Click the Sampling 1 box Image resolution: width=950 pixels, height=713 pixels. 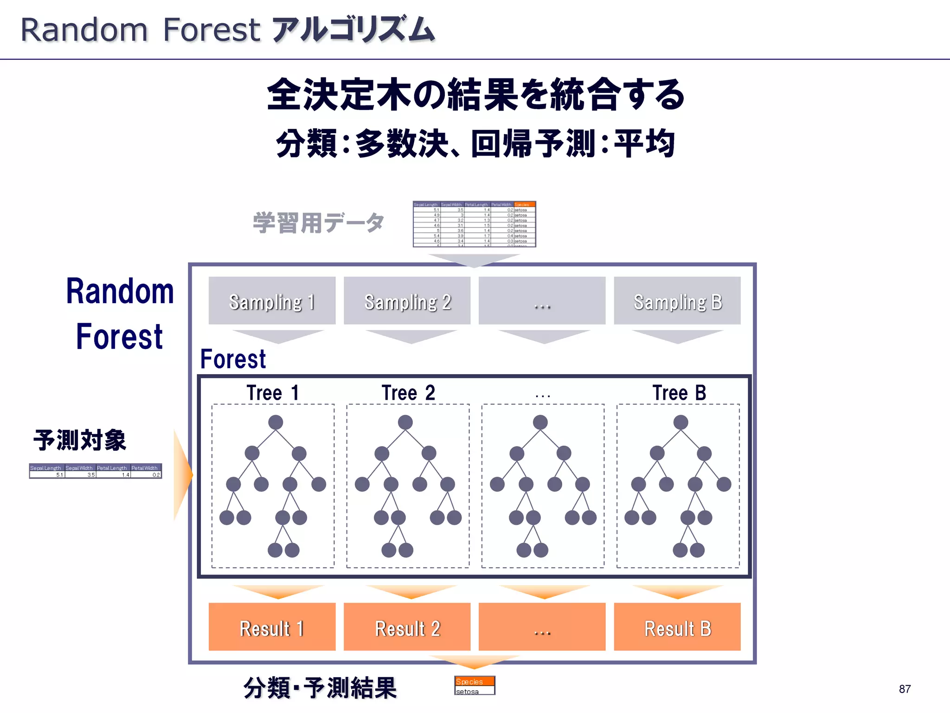click(272, 301)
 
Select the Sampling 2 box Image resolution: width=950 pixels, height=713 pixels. click(407, 301)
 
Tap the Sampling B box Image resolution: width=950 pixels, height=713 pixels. click(677, 301)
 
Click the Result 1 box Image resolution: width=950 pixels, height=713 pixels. click(272, 627)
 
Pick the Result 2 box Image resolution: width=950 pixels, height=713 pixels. click(407, 627)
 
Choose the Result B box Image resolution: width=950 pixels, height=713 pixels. click(677, 627)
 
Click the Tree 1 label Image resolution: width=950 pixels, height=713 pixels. click(273, 393)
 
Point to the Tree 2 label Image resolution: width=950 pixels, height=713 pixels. click(408, 393)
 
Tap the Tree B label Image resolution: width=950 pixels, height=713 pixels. click(679, 393)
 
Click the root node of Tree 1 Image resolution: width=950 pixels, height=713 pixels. click(276, 422)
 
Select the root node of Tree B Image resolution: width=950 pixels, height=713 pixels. click(680, 422)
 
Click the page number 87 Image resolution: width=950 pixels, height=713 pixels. click(905, 689)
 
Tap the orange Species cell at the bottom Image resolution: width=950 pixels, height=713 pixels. click(474, 681)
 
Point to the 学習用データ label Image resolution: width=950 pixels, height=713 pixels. click(318, 223)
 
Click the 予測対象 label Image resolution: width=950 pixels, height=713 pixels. click(80, 440)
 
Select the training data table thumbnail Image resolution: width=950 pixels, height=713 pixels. click(474, 224)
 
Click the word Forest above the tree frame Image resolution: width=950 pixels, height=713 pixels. click(233, 359)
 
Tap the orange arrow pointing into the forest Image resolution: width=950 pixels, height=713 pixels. click(183, 474)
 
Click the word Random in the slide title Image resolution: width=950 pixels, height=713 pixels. click(84, 30)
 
